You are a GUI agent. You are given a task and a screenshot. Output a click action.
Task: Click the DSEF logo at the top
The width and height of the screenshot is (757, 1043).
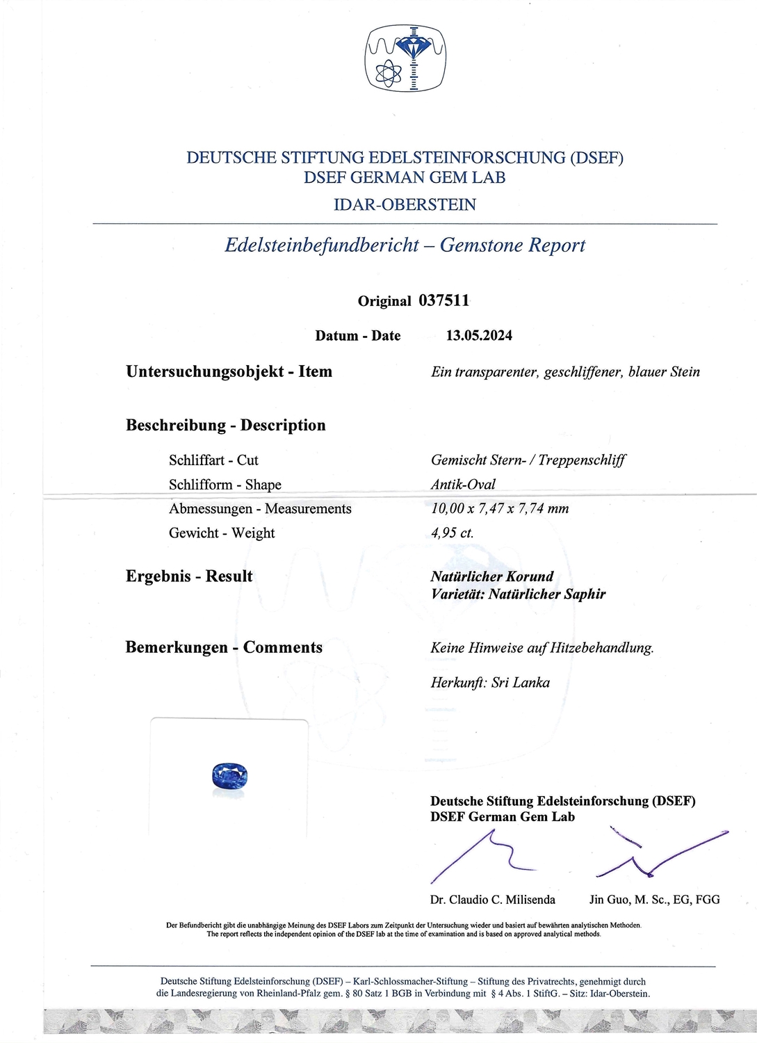[405, 58]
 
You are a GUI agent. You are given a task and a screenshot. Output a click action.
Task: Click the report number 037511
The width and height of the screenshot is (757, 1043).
[443, 300]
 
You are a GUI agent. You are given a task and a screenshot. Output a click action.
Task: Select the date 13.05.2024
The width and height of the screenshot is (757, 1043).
[479, 335]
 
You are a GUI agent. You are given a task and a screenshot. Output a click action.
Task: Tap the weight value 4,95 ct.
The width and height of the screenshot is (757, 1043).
[452, 533]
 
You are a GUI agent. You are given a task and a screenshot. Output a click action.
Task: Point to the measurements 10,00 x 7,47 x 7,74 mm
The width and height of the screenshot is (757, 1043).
[500, 509]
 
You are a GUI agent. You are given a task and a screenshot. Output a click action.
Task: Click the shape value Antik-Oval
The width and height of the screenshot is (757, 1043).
[463, 485]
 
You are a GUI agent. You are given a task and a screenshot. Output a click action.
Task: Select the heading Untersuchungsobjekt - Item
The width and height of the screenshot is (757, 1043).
[229, 371]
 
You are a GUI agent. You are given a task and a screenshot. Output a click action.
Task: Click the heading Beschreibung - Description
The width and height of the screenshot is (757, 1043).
[225, 425]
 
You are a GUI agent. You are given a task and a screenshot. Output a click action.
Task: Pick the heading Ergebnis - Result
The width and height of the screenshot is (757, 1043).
[189, 576]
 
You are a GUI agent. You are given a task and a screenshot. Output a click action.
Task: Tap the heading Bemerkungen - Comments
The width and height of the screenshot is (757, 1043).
[224, 647]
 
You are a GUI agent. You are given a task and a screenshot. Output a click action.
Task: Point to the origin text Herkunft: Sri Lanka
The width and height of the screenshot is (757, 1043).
[490, 682]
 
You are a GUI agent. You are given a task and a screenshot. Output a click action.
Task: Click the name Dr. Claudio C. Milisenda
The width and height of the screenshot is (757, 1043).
[492, 900]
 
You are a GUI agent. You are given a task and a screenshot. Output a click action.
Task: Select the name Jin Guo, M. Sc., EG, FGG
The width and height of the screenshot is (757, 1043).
[654, 900]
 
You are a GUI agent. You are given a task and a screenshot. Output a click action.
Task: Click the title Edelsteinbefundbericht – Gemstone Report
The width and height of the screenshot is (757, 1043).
[405, 245]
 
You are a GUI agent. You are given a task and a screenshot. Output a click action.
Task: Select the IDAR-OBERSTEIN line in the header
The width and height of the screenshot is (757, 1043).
[405, 204]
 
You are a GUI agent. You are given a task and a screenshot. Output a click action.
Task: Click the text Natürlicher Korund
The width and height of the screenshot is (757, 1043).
[492, 576]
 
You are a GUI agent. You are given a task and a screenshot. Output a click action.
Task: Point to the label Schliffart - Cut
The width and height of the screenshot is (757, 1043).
[213, 460]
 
